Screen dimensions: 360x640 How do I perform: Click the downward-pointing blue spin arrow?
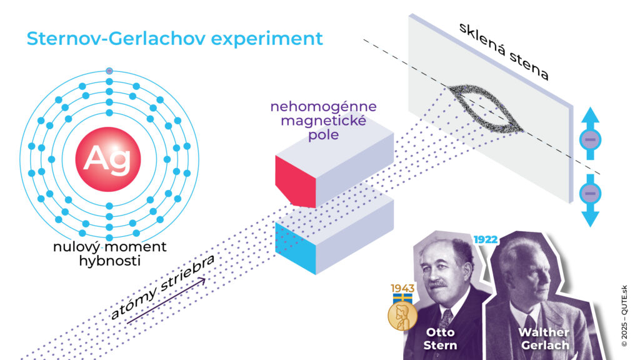click(x=589, y=200)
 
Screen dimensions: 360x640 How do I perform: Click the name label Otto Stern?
click(x=440, y=338)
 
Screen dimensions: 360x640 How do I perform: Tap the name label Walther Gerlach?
click(x=542, y=338)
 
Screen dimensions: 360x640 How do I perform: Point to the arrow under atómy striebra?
click(x=166, y=301)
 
